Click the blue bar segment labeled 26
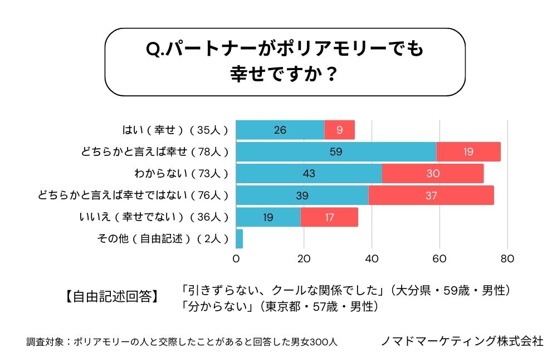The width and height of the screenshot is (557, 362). (280, 130)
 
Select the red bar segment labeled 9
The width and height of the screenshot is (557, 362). (339, 130)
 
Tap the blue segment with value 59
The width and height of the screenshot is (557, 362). (336, 151)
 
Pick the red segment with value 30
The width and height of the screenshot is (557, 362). (433, 173)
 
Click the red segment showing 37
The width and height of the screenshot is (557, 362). (431, 195)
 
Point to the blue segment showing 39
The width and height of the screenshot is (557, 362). (302, 195)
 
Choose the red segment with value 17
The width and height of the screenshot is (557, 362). (329, 217)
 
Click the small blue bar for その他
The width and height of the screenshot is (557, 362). (240, 239)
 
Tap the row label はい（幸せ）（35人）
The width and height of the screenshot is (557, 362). (175, 130)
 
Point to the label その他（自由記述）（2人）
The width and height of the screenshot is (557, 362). (162, 239)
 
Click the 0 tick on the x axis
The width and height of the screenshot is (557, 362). (236, 259)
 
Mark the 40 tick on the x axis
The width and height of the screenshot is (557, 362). (372, 259)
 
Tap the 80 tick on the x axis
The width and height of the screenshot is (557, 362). (507, 259)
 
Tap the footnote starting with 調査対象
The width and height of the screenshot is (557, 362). (182, 341)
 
